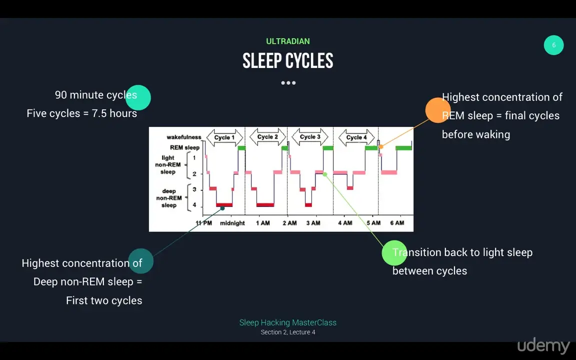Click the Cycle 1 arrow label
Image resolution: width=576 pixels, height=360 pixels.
224,138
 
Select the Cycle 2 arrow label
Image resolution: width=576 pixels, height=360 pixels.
267,137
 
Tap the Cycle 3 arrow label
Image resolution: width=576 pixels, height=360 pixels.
310,137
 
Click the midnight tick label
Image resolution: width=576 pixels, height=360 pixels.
232,223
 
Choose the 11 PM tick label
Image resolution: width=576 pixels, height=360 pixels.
204,223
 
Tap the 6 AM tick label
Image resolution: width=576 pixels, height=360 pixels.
397,223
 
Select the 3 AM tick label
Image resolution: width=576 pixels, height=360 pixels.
313,223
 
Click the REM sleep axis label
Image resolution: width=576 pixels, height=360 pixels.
185,147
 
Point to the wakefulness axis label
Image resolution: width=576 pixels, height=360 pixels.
184,137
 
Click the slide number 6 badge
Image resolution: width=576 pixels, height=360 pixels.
553,45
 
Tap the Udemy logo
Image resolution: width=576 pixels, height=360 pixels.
543,346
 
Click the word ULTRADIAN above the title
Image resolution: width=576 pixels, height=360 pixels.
288,41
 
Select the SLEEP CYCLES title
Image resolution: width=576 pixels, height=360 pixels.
288,61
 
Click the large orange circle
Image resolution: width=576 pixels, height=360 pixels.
438,110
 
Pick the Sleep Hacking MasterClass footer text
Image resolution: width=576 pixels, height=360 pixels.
288,322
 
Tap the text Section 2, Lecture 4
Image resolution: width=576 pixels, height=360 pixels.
288,332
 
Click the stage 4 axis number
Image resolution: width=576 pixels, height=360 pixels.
194,205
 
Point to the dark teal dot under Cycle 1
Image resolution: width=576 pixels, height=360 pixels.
222,208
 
